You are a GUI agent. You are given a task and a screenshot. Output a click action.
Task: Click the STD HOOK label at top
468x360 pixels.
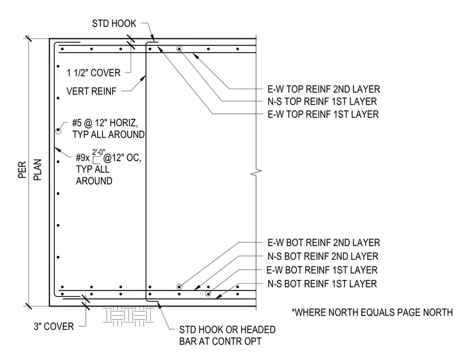pyautogui.click(x=114, y=23)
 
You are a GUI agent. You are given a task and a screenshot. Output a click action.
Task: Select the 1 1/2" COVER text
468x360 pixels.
pyautogui.click(x=94, y=73)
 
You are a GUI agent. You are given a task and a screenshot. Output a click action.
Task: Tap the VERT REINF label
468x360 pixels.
pyautogui.click(x=91, y=91)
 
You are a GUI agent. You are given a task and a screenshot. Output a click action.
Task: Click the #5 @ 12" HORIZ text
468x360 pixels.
pyautogui.click(x=105, y=123)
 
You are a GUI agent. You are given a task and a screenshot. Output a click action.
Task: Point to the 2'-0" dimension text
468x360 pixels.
pyautogui.click(x=98, y=152)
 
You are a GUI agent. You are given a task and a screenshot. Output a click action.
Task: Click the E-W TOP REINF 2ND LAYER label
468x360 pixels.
pyautogui.click(x=323, y=89)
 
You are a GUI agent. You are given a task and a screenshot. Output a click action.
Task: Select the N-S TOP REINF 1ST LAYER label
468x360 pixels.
pyautogui.click(x=322, y=102)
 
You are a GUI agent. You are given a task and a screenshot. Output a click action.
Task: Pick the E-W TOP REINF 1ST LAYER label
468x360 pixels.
pyautogui.click(x=323, y=114)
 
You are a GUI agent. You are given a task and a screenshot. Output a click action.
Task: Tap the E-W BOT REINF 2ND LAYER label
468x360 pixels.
pyautogui.click(x=323, y=243)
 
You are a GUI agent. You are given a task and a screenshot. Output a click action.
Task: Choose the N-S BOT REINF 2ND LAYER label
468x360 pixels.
pyautogui.click(x=323, y=256)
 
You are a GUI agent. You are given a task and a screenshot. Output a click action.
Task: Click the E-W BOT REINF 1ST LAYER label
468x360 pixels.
pyautogui.click(x=322, y=270)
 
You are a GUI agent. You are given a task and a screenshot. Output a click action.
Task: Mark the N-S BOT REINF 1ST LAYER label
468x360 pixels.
pyautogui.click(x=322, y=284)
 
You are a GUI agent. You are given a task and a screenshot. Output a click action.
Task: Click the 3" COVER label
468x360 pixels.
pyautogui.click(x=54, y=327)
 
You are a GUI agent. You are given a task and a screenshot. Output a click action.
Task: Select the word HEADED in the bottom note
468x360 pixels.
pyautogui.click(x=258, y=330)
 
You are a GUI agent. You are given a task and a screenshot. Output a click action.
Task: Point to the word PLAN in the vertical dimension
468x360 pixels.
pyautogui.click(x=38, y=170)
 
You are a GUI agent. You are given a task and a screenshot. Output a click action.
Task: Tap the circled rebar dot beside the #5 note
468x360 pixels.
pyautogui.click(x=58, y=130)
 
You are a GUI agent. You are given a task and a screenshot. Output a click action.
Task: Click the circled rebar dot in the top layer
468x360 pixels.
pyautogui.click(x=179, y=49)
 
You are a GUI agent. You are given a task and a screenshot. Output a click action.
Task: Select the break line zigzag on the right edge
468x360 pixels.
pyautogui.click(x=256, y=172)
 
